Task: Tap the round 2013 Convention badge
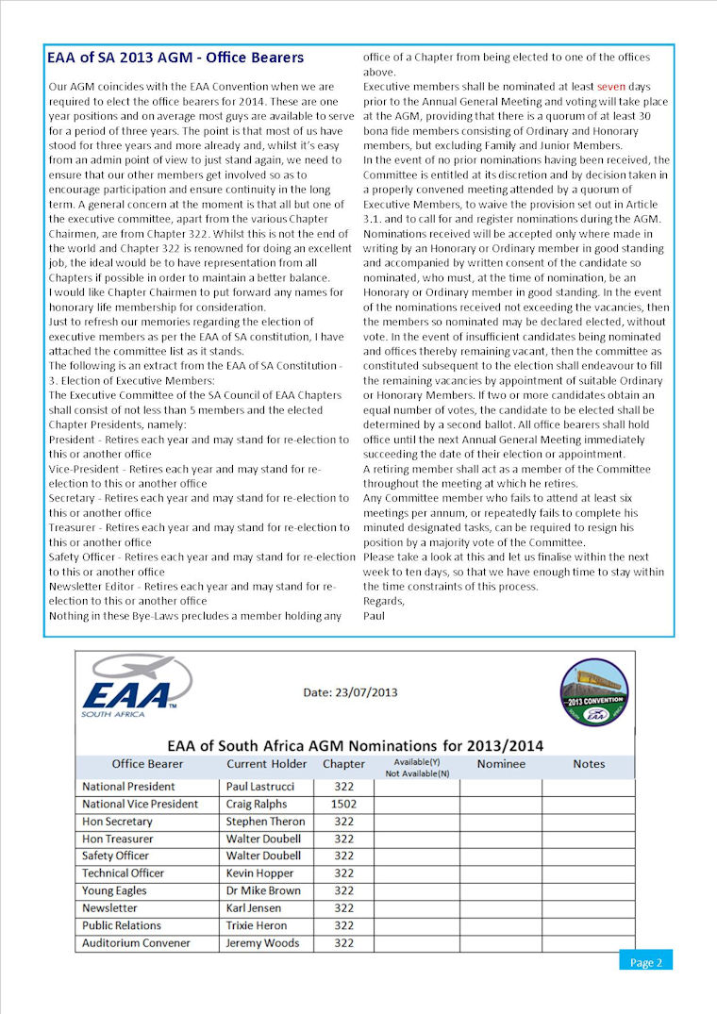pos(593,691)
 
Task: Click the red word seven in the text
pos(610,86)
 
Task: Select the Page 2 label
pos(646,962)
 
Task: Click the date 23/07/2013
pos(350,692)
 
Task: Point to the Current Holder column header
pos(267,764)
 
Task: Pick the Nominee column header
pos(501,764)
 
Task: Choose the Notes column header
pos(589,764)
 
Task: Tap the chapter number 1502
pos(343,804)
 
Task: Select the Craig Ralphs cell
pos(257,804)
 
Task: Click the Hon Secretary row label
pos(117,822)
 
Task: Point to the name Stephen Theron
pos(266,822)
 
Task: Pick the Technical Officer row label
pos(123,873)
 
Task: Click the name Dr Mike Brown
pos(264,890)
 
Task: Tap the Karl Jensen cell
pos(255,908)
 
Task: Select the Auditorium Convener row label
pos(136,943)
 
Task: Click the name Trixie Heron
pos(257,925)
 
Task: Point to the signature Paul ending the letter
pos(374,616)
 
